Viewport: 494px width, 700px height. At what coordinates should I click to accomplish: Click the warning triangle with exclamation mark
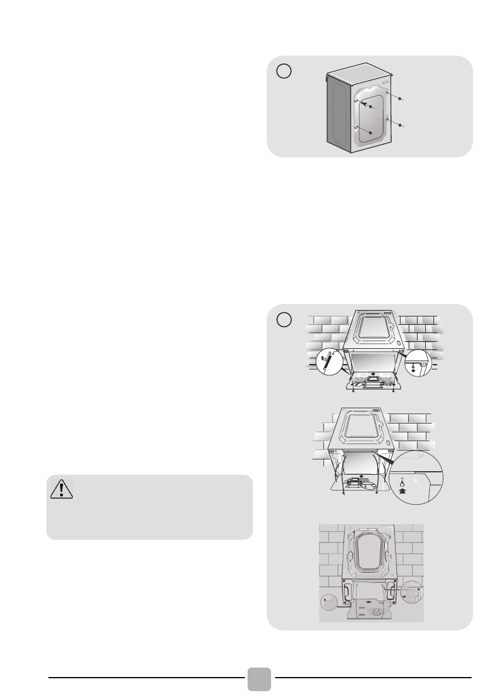click(62, 489)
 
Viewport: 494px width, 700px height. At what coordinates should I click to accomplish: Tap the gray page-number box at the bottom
click(259, 679)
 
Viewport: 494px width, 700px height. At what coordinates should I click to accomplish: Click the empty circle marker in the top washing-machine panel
click(284, 70)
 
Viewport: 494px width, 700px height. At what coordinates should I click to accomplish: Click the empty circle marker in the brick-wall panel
click(284, 319)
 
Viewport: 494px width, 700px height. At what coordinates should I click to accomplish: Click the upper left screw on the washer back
click(370, 107)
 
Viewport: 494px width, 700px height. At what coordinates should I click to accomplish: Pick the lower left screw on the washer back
click(370, 134)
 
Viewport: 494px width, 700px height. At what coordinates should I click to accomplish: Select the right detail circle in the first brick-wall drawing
click(418, 365)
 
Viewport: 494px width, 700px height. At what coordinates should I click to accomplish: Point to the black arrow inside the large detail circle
click(403, 487)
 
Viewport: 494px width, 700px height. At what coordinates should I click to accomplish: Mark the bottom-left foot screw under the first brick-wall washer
click(352, 391)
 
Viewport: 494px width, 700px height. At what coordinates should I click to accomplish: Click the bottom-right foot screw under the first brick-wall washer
click(392, 391)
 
